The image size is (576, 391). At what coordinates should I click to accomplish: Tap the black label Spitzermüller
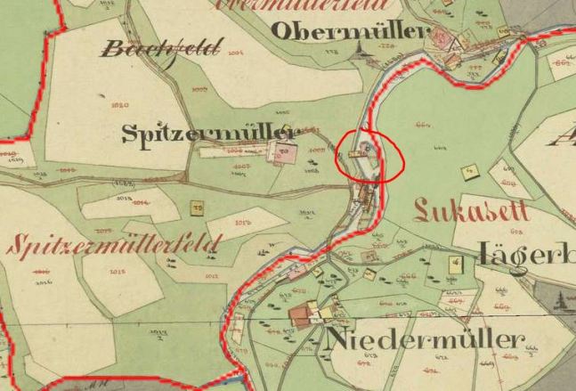pyautogui.click(x=211, y=134)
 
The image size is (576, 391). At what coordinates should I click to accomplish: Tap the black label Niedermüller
pyautogui.click(x=426, y=339)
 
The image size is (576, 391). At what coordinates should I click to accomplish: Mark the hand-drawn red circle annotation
pyautogui.click(x=369, y=156)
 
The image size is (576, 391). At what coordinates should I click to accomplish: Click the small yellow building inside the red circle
pyautogui.click(x=360, y=153)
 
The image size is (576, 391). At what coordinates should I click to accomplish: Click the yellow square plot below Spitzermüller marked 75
pyautogui.click(x=197, y=208)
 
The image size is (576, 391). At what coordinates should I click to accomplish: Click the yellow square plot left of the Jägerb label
pyautogui.click(x=455, y=264)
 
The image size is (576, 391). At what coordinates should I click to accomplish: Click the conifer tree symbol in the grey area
pyautogui.click(x=563, y=301)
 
